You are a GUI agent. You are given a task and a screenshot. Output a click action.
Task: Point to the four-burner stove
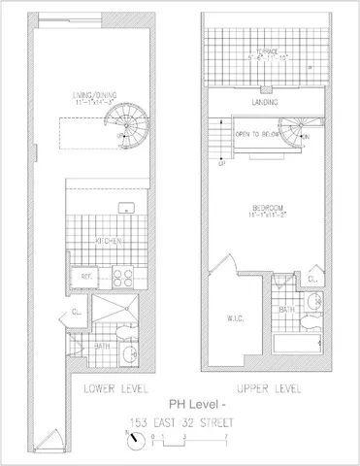coord(123,276)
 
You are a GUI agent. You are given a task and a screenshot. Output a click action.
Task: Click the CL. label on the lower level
coord(76,312)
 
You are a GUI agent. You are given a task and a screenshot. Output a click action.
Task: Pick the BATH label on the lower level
coord(101,345)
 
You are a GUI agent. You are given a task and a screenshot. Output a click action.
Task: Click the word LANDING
coord(263,101)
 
